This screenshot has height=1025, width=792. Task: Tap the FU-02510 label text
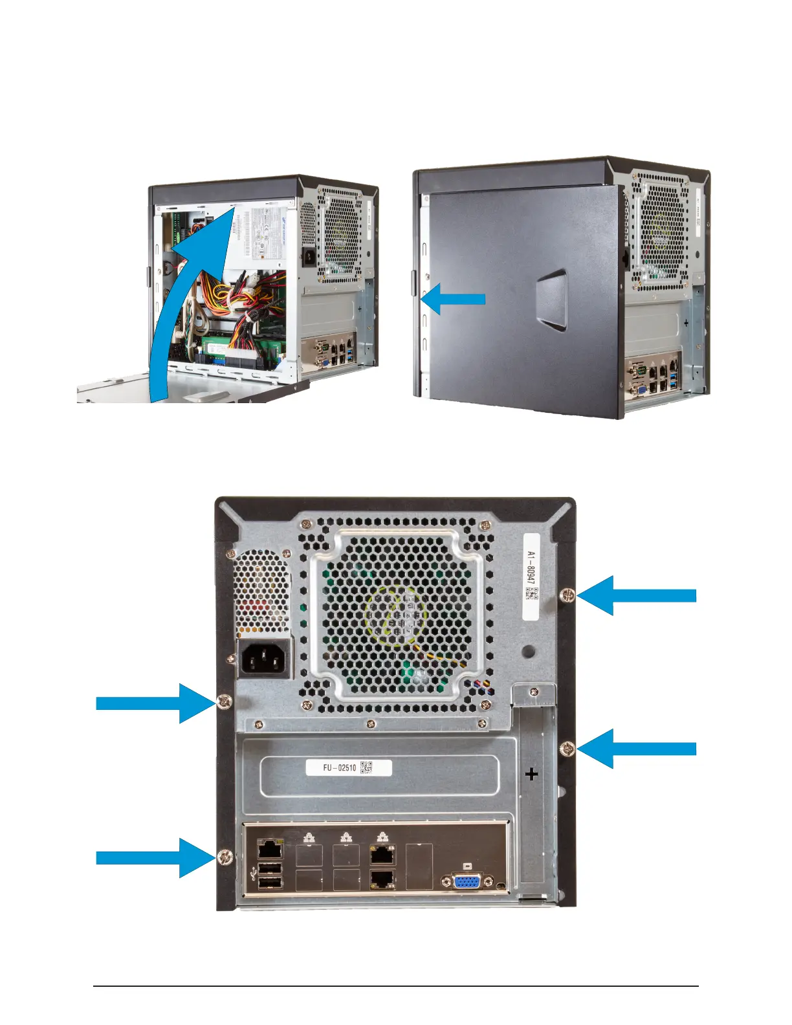tap(340, 768)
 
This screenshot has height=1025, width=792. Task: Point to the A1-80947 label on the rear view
tap(531, 576)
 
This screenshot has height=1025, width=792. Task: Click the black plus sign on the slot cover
tap(532, 773)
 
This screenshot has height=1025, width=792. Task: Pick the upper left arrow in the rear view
tap(156, 703)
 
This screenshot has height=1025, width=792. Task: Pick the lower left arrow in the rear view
tap(156, 858)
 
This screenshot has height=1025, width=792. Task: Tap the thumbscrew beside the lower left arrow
tap(225, 857)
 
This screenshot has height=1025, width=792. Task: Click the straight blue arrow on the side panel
tap(453, 298)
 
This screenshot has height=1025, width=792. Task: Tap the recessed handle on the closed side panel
tap(552, 298)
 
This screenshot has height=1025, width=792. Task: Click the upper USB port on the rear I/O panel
tap(270, 868)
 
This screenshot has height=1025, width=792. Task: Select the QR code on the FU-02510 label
tap(366, 767)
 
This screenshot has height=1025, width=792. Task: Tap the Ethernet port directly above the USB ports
tap(269, 848)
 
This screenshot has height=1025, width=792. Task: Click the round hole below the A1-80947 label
tap(529, 651)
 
